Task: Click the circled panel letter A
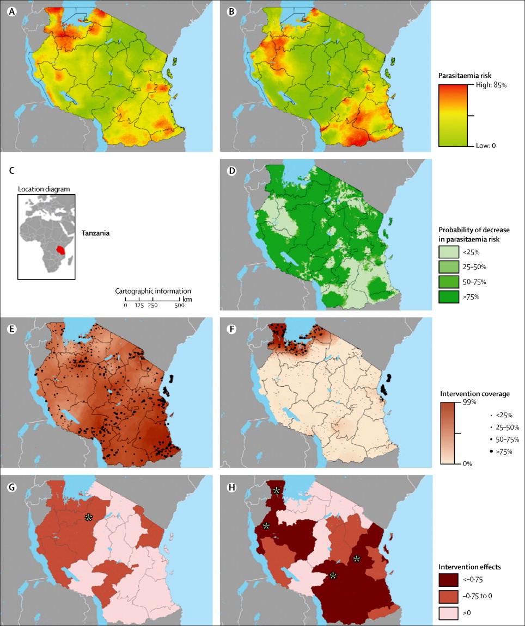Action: [x=10, y=9]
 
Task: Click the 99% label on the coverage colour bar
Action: [x=454, y=402]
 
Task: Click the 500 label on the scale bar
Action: [x=180, y=305]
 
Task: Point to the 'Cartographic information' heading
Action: [x=153, y=290]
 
